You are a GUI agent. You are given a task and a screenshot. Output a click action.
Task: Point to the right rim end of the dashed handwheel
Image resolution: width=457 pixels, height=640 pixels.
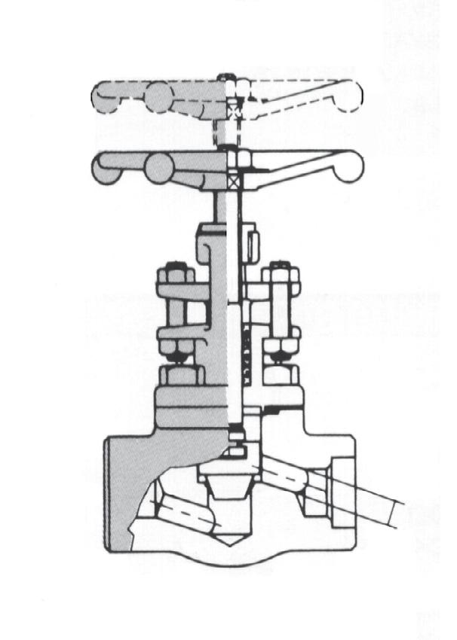[352, 93]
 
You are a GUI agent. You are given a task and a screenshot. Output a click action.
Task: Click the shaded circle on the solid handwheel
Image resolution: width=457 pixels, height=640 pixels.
[159, 169]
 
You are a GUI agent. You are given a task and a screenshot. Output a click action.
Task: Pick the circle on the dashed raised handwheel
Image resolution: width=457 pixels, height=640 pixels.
[159, 97]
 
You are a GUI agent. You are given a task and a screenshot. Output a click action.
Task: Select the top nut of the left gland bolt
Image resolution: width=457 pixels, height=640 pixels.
[176, 273]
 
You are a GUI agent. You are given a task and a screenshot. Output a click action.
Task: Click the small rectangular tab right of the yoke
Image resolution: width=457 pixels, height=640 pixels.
[253, 243]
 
